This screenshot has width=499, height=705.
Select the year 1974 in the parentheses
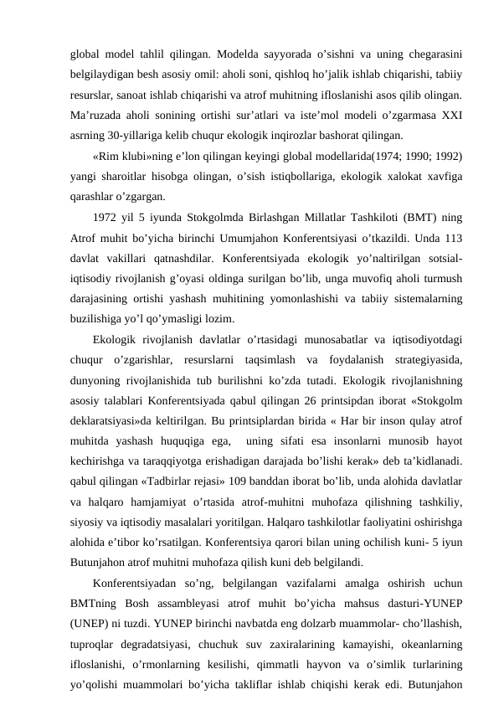click(x=374, y=157)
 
